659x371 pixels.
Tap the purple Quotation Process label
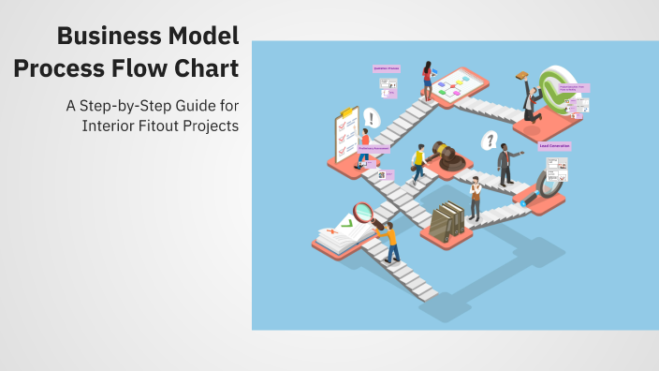386,68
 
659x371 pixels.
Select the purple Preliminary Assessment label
373,147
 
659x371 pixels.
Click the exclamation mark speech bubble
372,119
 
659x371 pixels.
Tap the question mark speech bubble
488,141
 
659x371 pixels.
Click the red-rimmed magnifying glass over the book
363,213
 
